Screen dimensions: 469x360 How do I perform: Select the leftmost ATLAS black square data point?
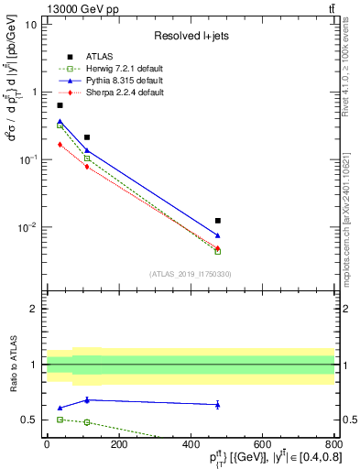pos(60,105)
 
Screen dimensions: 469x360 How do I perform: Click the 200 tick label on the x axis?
pos(117,445)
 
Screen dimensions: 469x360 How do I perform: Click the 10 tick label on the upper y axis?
pos(30,24)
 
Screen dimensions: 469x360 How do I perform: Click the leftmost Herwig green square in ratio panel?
pos(60,419)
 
